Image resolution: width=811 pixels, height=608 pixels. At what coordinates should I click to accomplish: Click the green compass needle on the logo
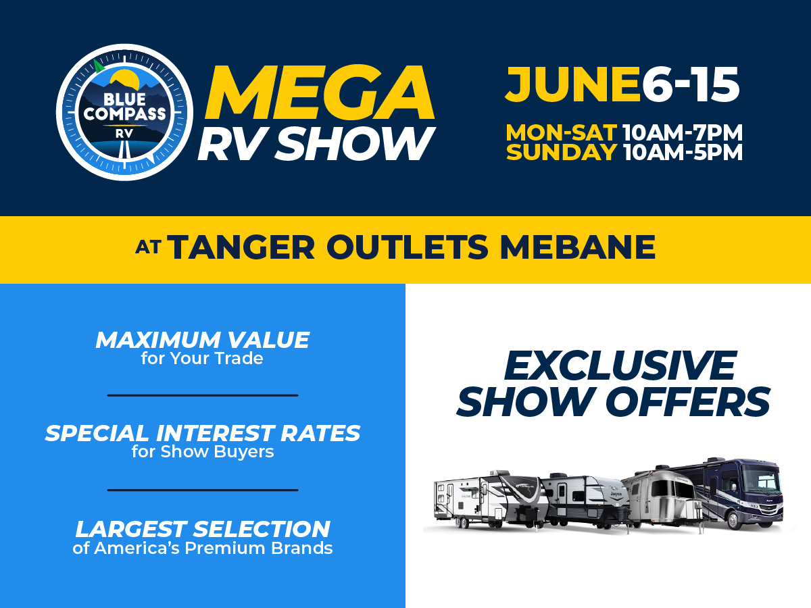tap(99, 66)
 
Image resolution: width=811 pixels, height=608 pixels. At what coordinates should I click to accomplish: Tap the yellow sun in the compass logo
tap(125, 80)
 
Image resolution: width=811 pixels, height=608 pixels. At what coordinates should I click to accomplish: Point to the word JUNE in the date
tap(572, 86)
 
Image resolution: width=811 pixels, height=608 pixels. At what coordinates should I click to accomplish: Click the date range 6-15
tap(690, 86)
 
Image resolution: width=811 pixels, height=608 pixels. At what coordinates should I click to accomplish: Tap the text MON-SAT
tap(561, 131)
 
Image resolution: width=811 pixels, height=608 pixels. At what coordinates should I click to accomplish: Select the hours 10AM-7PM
tap(683, 131)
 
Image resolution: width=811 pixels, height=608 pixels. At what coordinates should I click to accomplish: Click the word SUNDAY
tap(561, 152)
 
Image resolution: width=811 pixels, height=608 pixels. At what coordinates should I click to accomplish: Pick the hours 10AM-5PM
tap(683, 152)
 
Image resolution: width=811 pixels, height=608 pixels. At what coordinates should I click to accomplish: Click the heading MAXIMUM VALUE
tap(202, 340)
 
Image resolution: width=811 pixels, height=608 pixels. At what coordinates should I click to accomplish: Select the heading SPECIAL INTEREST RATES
tap(202, 433)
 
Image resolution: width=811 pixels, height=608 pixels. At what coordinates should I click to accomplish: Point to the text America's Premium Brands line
tap(202, 548)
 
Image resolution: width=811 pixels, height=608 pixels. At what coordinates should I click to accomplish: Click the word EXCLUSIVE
tap(619, 365)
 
